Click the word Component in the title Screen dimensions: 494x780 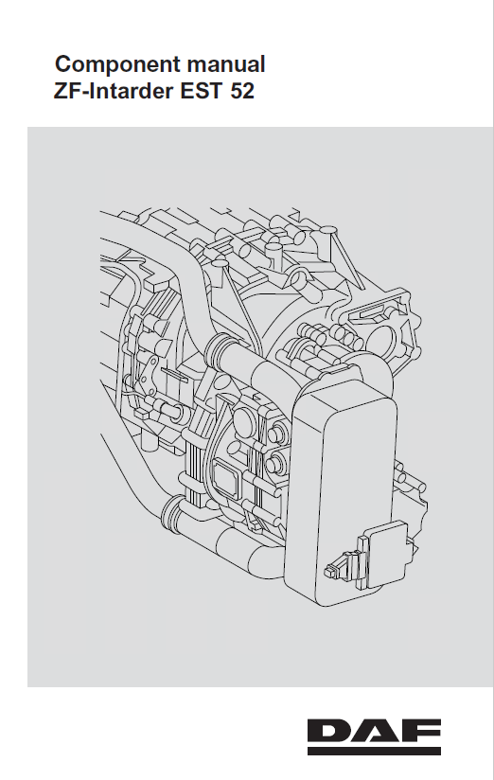point(117,65)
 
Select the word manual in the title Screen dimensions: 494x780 point(226,63)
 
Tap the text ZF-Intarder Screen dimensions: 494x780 point(114,91)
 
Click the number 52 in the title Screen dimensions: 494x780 point(242,91)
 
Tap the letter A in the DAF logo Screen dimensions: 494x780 point(374,731)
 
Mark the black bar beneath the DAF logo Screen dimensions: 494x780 point(374,752)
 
